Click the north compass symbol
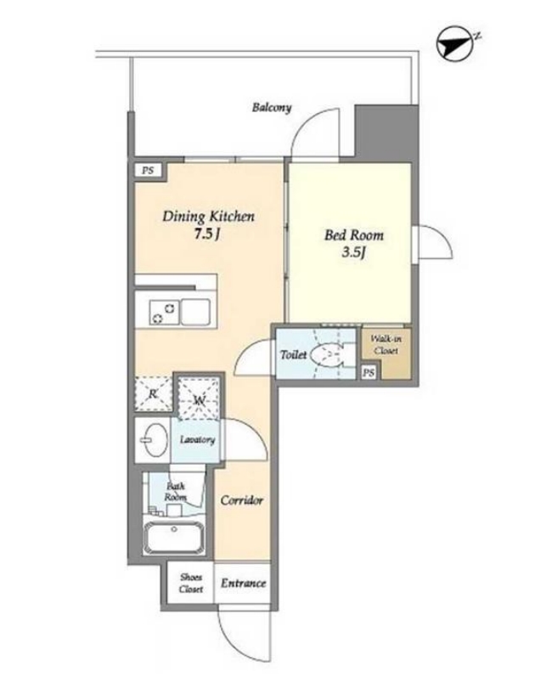click(454, 43)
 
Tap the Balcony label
click(272, 107)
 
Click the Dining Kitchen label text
click(208, 217)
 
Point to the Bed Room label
click(354, 235)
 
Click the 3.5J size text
click(354, 252)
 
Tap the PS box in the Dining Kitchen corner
click(148, 170)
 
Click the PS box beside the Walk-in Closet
click(369, 373)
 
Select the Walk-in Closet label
click(386, 344)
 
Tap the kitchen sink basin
click(195, 312)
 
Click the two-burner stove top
click(165, 312)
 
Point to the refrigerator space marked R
click(153, 393)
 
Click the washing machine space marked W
click(199, 398)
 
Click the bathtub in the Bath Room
click(174, 537)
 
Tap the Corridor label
click(242, 501)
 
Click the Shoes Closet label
click(191, 583)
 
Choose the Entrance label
click(243, 584)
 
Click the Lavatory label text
click(197, 439)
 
